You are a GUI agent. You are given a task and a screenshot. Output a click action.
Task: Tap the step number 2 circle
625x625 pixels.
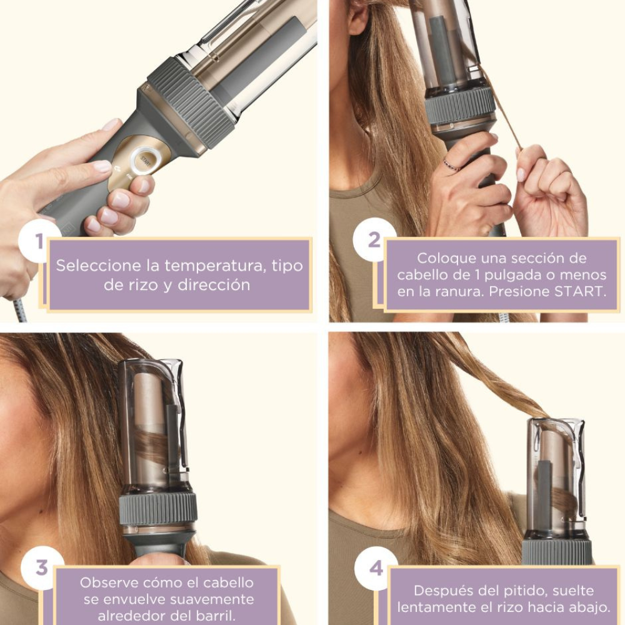[x=374, y=240]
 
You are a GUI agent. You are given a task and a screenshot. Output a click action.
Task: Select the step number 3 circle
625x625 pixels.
[x=42, y=567]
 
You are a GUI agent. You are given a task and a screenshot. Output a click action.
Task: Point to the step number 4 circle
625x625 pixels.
[x=376, y=568]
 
